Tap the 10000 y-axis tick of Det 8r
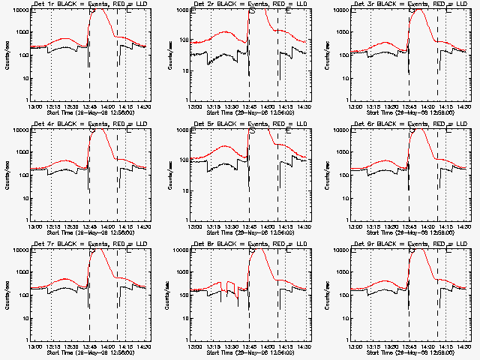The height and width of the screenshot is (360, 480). tap(180, 250)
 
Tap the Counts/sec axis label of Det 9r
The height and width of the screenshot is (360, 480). tap(328, 295)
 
